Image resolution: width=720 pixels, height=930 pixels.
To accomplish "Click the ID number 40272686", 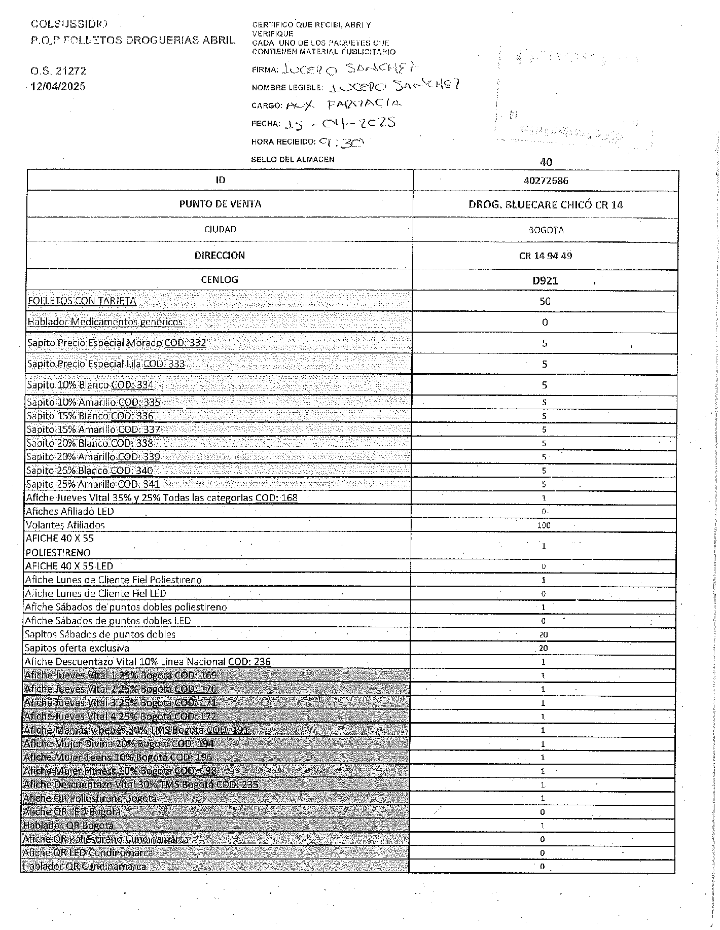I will [546, 181].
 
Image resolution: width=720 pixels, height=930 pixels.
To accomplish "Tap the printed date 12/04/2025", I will [58, 86].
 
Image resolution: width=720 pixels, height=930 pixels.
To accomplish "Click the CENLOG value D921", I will [545, 280].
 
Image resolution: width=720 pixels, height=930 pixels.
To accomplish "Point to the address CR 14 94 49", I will [545, 256].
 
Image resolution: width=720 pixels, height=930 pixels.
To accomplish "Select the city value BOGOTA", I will [546, 230].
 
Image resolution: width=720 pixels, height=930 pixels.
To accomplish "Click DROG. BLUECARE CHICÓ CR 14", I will [546, 205].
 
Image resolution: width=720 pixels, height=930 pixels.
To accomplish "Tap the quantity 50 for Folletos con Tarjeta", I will [545, 301].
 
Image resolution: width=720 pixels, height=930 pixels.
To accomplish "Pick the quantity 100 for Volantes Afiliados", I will [544, 525].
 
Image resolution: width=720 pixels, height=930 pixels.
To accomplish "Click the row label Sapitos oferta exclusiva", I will [77, 648].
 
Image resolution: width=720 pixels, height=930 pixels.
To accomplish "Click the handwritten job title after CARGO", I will [343, 104].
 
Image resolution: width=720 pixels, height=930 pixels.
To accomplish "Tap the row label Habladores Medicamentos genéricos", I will [105, 321].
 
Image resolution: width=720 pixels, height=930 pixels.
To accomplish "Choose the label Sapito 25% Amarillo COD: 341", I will [93, 484].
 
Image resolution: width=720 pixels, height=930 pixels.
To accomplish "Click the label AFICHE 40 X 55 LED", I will [69, 566].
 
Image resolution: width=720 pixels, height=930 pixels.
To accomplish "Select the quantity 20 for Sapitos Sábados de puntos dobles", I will [544, 634].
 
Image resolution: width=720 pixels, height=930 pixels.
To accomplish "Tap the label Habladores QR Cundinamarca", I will [84, 867].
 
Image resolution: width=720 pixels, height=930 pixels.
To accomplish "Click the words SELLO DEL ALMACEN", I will [293, 159].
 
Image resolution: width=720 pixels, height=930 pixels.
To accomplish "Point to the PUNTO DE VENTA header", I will [220, 204].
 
